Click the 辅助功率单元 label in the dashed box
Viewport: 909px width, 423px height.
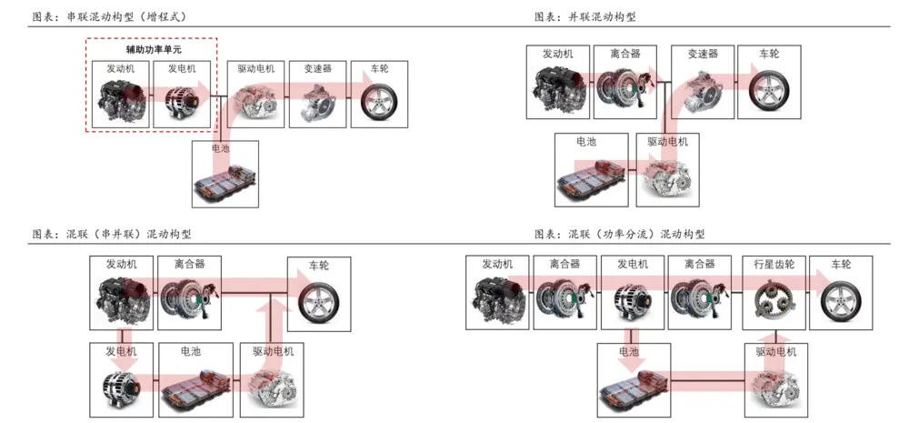pyautogui.click(x=154, y=49)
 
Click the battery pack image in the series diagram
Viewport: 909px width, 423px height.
pyautogui.click(x=225, y=182)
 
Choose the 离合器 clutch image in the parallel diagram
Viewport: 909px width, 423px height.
pyautogui.click(x=624, y=90)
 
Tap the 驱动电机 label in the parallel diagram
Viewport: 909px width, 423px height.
pyautogui.click(x=668, y=142)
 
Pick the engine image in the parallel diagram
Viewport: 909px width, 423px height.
pyautogui.click(x=557, y=90)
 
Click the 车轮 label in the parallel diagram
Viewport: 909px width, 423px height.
pyautogui.click(x=770, y=54)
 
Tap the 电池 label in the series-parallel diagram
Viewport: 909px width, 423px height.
pyautogui.click(x=191, y=351)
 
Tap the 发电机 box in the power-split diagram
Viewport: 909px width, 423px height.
pyautogui.click(x=633, y=291)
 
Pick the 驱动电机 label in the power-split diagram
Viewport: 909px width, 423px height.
pyautogui.click(x=775, y=351)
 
